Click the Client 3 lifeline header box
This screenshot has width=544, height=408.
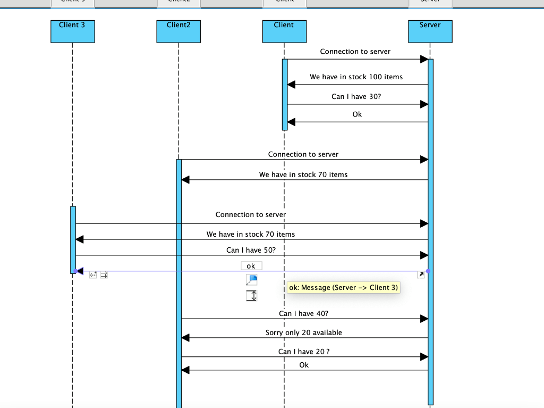click(x=72, y=31)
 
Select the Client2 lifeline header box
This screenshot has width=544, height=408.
click(x=178, y=31)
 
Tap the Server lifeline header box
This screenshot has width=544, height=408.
click(x=430, y=31)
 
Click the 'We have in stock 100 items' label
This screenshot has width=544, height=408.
click(x=356, y=77)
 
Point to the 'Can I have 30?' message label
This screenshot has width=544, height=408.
click(x=356, y=97)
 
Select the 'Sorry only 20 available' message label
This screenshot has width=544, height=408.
click(x=303, y=333)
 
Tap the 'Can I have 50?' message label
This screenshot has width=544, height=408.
click(x=251, y=250)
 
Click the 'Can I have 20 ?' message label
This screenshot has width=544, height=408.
click(x=304, y=352)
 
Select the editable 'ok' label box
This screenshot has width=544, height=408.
click(x=251, y=266)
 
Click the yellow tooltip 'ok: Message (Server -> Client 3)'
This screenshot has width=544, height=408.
click(x=343, y=288)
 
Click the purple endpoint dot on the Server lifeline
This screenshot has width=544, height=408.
click(x=428, y=271)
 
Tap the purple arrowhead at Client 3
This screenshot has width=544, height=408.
click(x=80, y=271)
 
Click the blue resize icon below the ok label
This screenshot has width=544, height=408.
click(x=252, y=280)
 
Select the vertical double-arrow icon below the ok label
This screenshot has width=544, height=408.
click(x=252, y=296)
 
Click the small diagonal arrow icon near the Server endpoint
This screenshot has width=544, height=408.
click(x=421, y=275)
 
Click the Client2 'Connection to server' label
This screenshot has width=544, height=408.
click(x=303, y=155)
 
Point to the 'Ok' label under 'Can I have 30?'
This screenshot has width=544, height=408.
click(x=357, y=114)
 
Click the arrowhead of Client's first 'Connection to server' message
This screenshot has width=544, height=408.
click(x=424, y=59)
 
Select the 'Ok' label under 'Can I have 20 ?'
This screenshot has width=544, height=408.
click(x=304, y=365)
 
